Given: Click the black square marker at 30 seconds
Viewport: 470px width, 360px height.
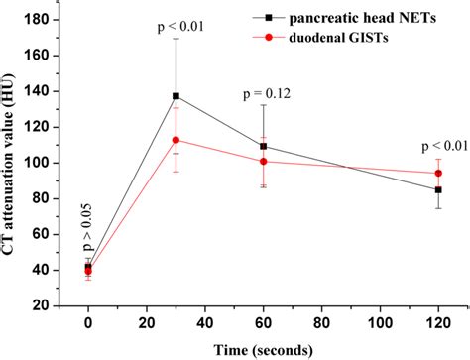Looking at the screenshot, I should (x=176, y=96).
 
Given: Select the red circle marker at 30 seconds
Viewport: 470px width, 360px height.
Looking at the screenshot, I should (x=176, y=140).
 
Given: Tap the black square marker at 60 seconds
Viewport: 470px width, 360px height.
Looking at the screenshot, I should (x=264, y=146).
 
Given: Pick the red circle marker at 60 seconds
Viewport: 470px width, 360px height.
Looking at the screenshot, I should (x=264, y=161).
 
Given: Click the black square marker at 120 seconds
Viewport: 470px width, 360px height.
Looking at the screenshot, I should (x=438, y=189).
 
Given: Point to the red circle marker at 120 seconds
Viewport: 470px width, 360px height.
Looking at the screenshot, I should (x=438, y=173).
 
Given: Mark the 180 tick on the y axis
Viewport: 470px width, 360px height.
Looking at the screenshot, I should (x=46, y=20).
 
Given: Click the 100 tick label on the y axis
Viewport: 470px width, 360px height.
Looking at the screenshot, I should (x=46, y=163).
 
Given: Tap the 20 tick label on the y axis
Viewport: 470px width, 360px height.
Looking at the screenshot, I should (x=50, y=305).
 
